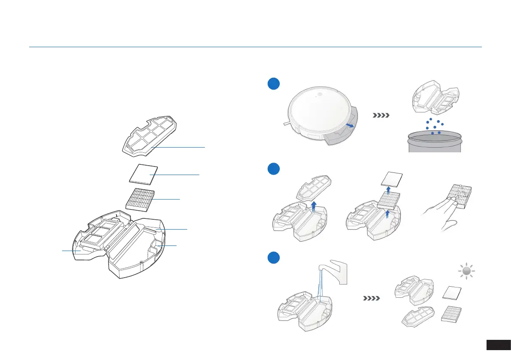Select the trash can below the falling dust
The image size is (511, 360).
[x=434, y=142]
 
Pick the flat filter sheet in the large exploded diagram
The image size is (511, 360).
[x=143, y=175]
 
